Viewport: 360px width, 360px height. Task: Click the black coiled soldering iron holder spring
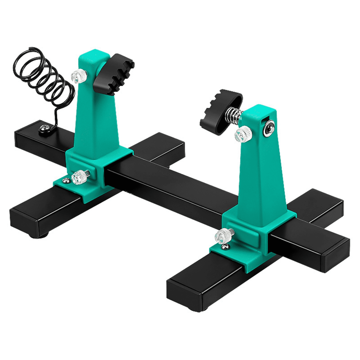coord(45,75)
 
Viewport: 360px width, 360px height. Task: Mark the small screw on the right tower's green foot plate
coord(225,247)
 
